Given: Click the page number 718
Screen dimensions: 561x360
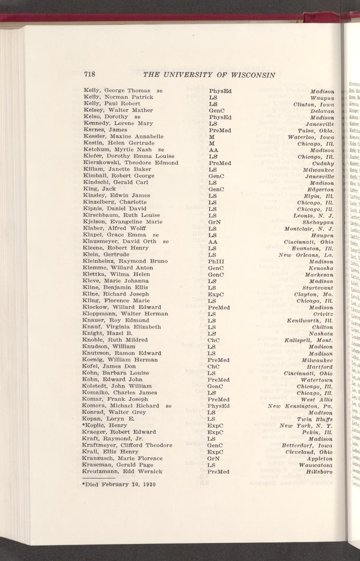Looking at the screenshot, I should click(x=89, y=74).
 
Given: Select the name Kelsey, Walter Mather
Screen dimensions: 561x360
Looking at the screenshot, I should click(x=118, y=110).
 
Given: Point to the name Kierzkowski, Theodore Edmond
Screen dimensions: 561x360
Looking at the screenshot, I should click(x=131, y=163).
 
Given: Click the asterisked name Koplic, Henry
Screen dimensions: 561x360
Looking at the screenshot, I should click(x=104, y=426).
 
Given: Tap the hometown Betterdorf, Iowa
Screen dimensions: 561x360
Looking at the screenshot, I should click(x=308, y=446).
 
